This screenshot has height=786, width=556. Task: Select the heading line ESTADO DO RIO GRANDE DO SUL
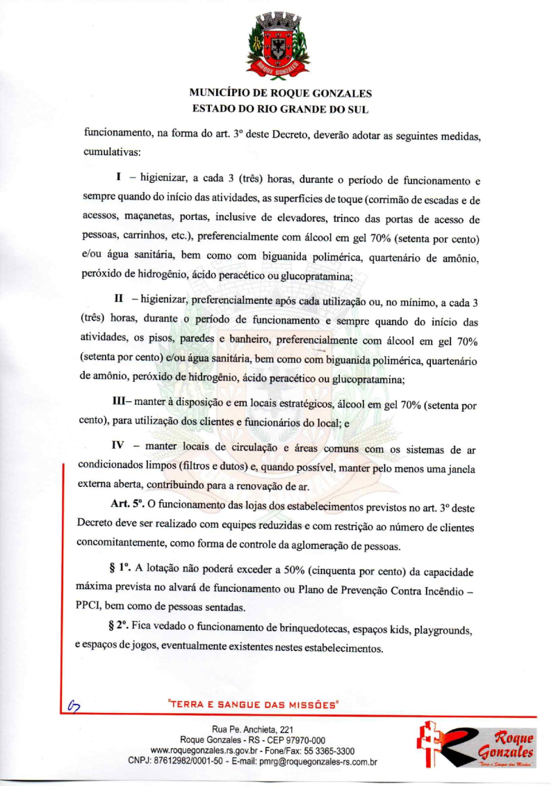[280, 109]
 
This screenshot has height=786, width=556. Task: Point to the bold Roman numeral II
[119, 299]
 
